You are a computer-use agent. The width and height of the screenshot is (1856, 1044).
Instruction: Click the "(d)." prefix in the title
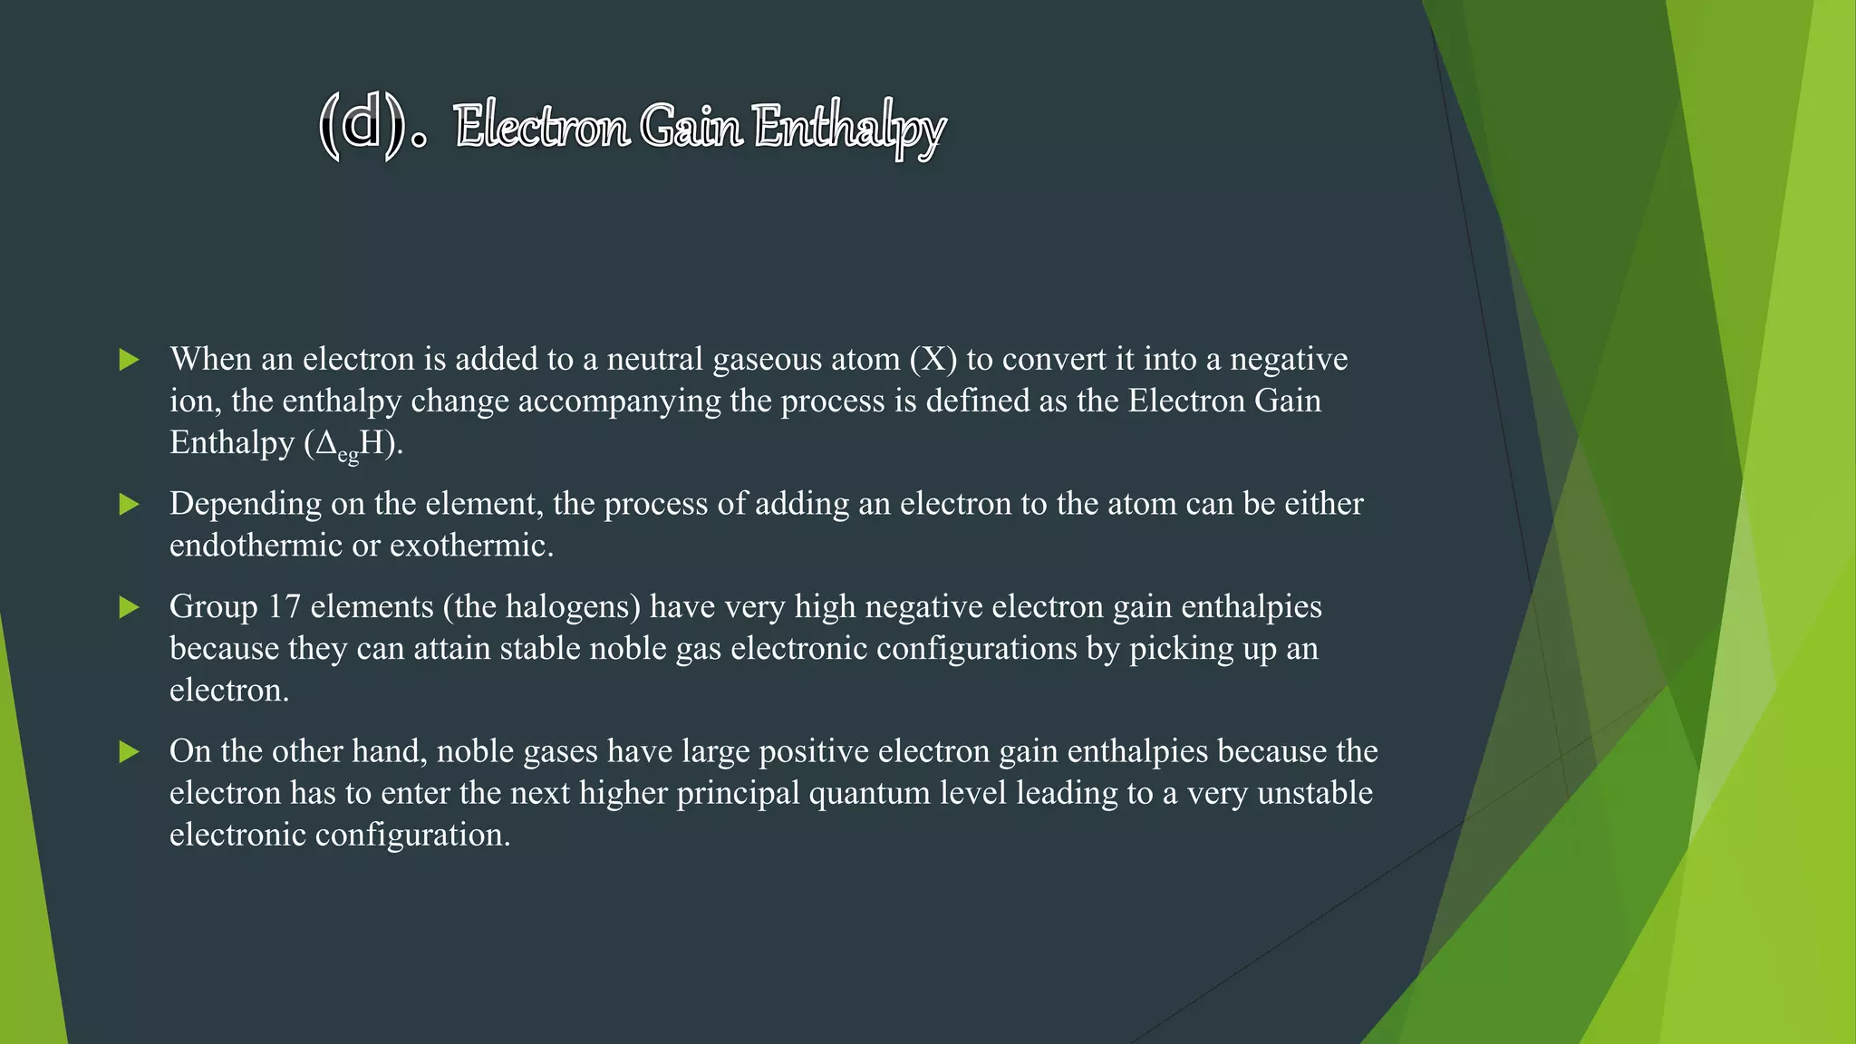click(x=372, y=127)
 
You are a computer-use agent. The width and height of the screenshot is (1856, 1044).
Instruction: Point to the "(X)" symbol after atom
click(x=933, y=359)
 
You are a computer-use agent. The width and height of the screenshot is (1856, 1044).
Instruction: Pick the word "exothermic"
click(x=471, y=546)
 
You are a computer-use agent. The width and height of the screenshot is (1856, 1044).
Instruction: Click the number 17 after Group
click(x=284, y=606)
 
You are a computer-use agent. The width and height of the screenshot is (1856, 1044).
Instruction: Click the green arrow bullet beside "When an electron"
click(x=130, y=360)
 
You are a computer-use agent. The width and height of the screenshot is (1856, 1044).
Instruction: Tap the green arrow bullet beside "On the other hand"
click(x=130, y=751)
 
